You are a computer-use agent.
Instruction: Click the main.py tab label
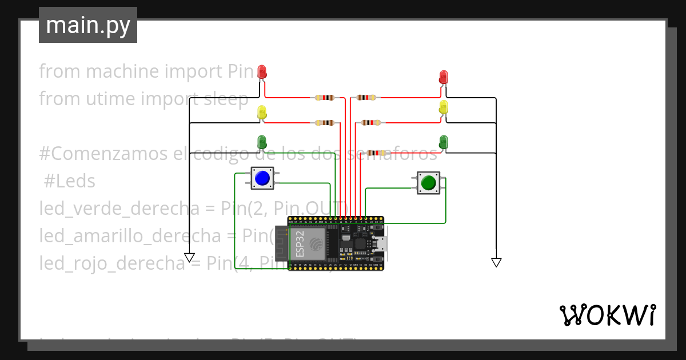pyautogui.click(x=88, y=25)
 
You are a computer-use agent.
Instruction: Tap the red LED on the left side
pyautogui.click(x=262, y=72)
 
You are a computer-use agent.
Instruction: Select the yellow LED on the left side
pyautogui.click(x=262, y=112)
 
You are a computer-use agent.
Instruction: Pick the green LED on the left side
pyautogui.click(x=262, y=141)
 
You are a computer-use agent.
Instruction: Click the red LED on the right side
pyautogui.click(x=444, y=77)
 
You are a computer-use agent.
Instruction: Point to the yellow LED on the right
pyautogui.click(x=444, y=107)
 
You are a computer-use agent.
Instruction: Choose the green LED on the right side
pyautogui.click(x=444, y=141)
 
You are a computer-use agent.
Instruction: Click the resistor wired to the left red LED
pyautogui.click(x=324, y=98)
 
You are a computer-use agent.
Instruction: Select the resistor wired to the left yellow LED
pyautogui.click(x=324, y=122)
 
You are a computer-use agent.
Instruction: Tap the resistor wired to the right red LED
pyautogui.click(x=366, y=98)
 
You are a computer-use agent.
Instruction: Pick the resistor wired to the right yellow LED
pyautogui.click(x=371, y=122)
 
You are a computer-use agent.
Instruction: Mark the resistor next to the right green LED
pyautogui.click(x=376, y=153)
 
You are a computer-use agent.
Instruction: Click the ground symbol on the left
pyautogui.click(x=189, y=257)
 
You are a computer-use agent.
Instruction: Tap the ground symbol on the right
pyautogui.click(x=496, y=262)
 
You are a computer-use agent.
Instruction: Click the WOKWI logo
pyautogui.click(x=607, y=315)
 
